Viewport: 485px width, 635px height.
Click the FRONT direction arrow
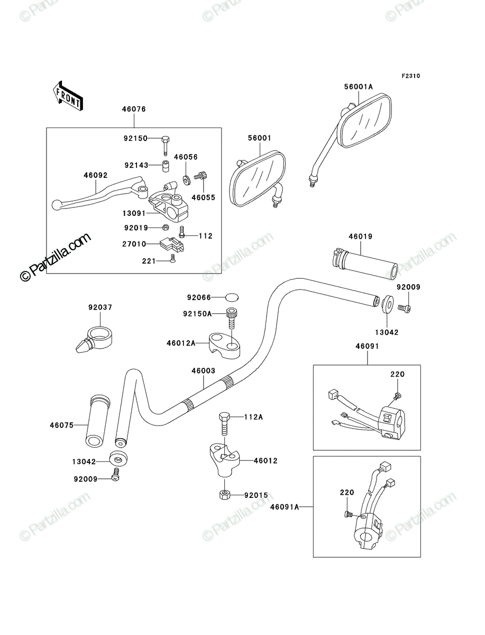68,96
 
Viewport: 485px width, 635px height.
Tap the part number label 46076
134,109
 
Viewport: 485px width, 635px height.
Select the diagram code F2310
411,76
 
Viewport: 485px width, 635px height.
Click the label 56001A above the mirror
359,86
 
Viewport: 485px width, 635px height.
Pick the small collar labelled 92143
165,166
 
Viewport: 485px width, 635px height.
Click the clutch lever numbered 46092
100,193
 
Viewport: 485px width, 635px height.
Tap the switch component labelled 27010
172,244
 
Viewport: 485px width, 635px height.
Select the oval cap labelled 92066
232,297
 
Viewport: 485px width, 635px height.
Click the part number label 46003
204,370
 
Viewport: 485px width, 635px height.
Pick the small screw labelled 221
172,258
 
